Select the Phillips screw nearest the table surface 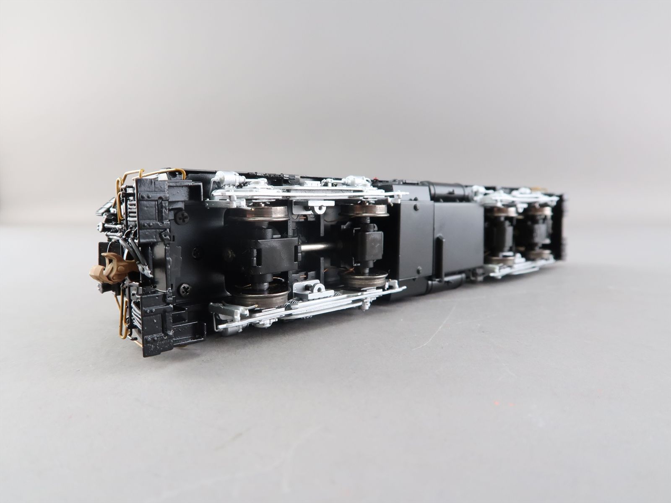185,288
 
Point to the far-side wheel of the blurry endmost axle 540,210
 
